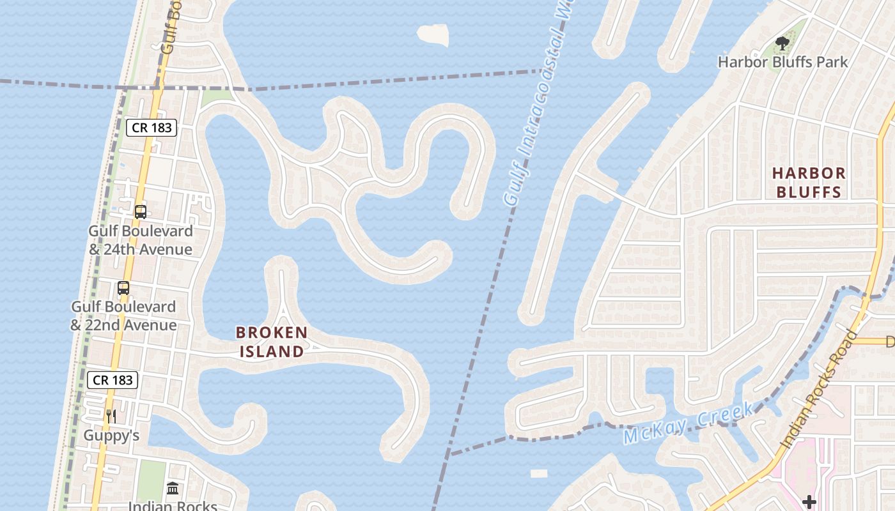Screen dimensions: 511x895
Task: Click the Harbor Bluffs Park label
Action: point(782,62)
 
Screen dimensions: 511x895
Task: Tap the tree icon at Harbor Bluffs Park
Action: point(782,43)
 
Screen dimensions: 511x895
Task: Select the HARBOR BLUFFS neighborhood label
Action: point(809,182)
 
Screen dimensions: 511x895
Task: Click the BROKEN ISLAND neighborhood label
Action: point(272,342)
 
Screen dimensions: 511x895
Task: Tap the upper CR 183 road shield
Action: point(152,128)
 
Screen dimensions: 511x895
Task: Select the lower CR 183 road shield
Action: point(113,380)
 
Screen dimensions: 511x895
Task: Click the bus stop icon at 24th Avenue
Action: point(141,212)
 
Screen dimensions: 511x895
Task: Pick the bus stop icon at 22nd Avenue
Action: point(123,288)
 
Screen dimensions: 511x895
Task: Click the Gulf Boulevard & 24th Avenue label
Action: point(141,240)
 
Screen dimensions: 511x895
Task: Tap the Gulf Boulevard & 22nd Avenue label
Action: point(123,316)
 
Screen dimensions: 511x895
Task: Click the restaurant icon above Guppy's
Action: point(111,416)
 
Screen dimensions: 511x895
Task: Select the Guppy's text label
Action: point(111,436)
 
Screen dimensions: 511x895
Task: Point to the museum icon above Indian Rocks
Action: point(173,489)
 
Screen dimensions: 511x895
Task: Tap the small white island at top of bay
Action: point(433,34)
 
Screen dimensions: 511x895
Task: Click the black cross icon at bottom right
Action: point(809,501)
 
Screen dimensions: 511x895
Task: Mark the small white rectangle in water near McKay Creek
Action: point(539,473)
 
